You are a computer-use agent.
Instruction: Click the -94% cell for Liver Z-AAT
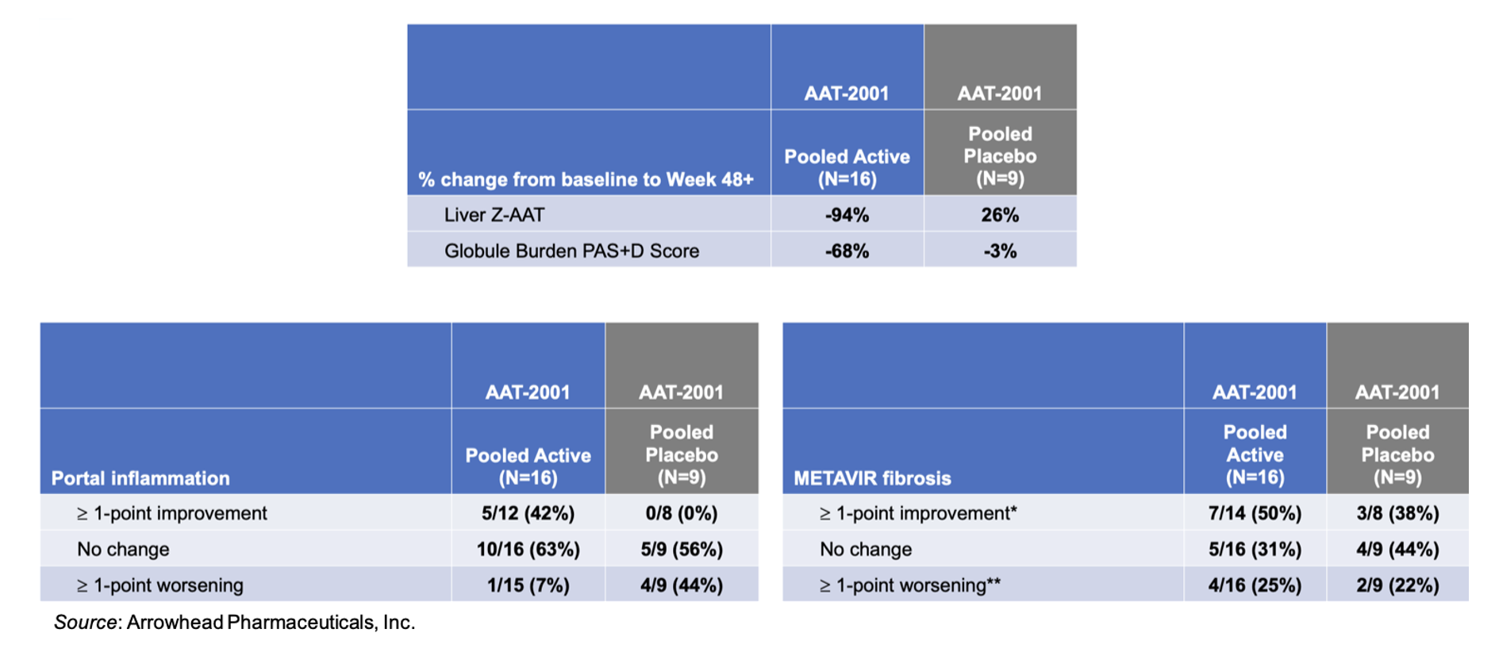pos(847,215)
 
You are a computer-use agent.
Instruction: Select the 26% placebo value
pos(999,215)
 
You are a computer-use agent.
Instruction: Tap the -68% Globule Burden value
pos(847,251)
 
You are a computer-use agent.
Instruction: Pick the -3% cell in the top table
pos(999,251)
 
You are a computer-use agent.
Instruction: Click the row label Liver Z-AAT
pos(494,215)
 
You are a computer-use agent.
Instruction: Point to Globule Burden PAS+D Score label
pos(571,251)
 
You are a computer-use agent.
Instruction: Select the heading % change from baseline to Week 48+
pos(586,179)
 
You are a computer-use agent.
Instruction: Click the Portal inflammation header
pos(140,478)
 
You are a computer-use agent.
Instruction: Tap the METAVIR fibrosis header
pos(872,478)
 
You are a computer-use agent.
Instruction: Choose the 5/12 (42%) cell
pos(528,513)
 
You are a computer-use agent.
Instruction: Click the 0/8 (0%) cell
pos(681,513)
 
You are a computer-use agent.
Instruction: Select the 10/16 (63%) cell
pos(528,549)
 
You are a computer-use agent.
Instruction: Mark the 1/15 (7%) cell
pos(528,585)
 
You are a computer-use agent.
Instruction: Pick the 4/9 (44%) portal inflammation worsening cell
pos(681,585)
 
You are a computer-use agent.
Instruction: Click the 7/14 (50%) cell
pos(1255,513)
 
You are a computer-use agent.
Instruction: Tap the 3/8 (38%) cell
pos(1397,513)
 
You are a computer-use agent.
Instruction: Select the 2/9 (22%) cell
pos(1397,585)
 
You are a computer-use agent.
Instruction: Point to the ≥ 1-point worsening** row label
pos(909,585)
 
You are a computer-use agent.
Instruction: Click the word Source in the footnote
pos(85,623)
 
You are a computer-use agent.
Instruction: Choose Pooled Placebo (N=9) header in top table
pos(1000,156)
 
